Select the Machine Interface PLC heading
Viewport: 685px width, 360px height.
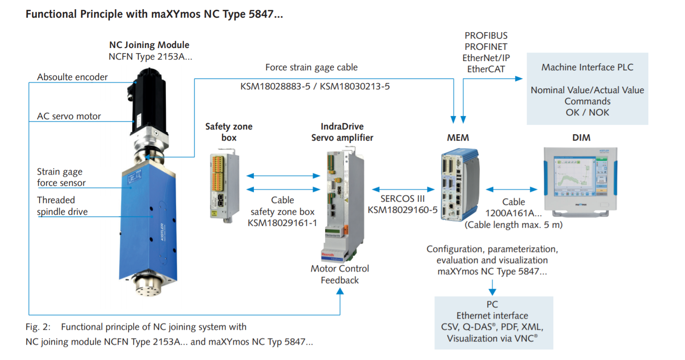coord(587,67)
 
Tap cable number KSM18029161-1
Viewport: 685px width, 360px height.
coord(283,223)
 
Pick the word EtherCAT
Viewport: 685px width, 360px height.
coord(486,69)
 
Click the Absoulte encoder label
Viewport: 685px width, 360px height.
coord(72,77)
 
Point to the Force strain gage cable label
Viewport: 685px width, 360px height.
coord(312,67)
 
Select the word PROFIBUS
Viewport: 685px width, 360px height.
coord(486,35)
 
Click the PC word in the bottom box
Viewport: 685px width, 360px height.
coord(492,305)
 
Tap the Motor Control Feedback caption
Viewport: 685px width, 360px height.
coord(340,274)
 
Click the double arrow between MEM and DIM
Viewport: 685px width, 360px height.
coord(511,190)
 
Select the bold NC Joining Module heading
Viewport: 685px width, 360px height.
coord(149,45)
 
